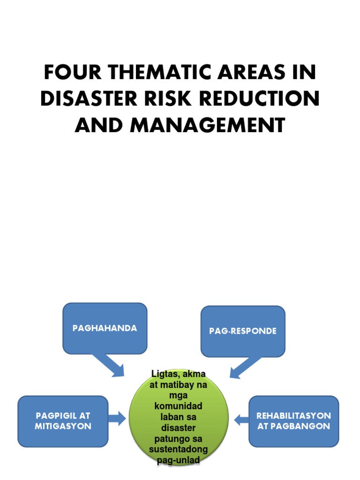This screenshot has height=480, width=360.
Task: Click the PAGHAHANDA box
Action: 105,328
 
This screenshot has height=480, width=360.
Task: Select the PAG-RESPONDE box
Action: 243,331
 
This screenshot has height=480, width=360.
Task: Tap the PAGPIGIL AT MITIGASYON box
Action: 63,421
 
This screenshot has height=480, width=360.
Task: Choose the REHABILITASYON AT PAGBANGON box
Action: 293,421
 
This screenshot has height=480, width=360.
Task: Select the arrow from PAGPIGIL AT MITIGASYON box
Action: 117,418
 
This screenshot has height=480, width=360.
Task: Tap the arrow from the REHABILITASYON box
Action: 241,420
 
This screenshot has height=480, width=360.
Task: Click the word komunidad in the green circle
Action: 179,405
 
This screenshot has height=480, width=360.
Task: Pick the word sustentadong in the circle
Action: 179,450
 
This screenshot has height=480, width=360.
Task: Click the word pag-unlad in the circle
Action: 179,460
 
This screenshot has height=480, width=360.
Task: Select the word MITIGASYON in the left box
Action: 63,426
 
